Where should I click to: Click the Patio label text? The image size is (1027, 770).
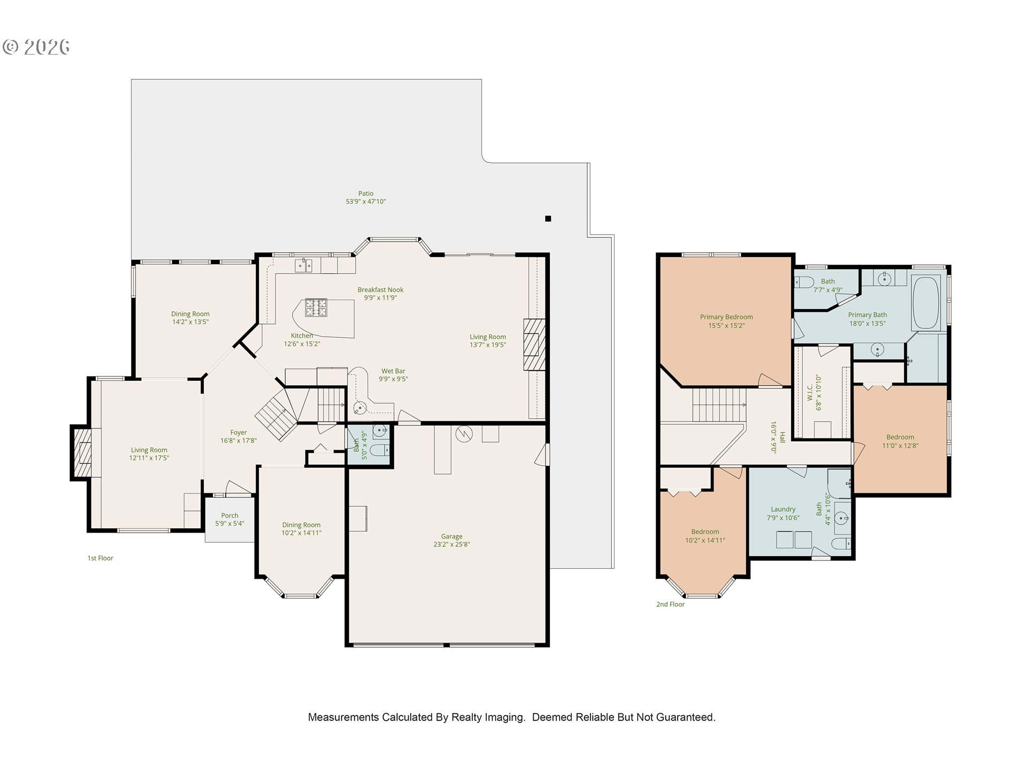366,194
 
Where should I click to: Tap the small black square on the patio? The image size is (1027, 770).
548,218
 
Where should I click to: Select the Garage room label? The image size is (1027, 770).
452,536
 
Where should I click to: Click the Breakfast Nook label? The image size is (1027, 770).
380,290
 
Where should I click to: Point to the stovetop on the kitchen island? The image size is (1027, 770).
316,308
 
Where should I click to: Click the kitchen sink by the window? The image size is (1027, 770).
304,265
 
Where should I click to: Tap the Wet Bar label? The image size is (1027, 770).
393,371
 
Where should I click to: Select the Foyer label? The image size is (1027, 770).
239,433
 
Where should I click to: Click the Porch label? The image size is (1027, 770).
229,515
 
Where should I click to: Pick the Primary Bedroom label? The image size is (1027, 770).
726,317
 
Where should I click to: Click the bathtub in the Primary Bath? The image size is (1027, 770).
926,302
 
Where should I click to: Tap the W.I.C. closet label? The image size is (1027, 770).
810,392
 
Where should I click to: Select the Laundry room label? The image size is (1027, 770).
783,510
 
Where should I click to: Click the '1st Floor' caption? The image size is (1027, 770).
101,558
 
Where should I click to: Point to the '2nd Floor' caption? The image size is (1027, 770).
670,604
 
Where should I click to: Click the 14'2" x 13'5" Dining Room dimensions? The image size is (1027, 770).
190,322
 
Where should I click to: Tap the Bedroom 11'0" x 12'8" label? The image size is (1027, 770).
900,441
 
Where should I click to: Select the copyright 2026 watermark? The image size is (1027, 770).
36,47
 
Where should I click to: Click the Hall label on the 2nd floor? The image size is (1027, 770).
783,437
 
